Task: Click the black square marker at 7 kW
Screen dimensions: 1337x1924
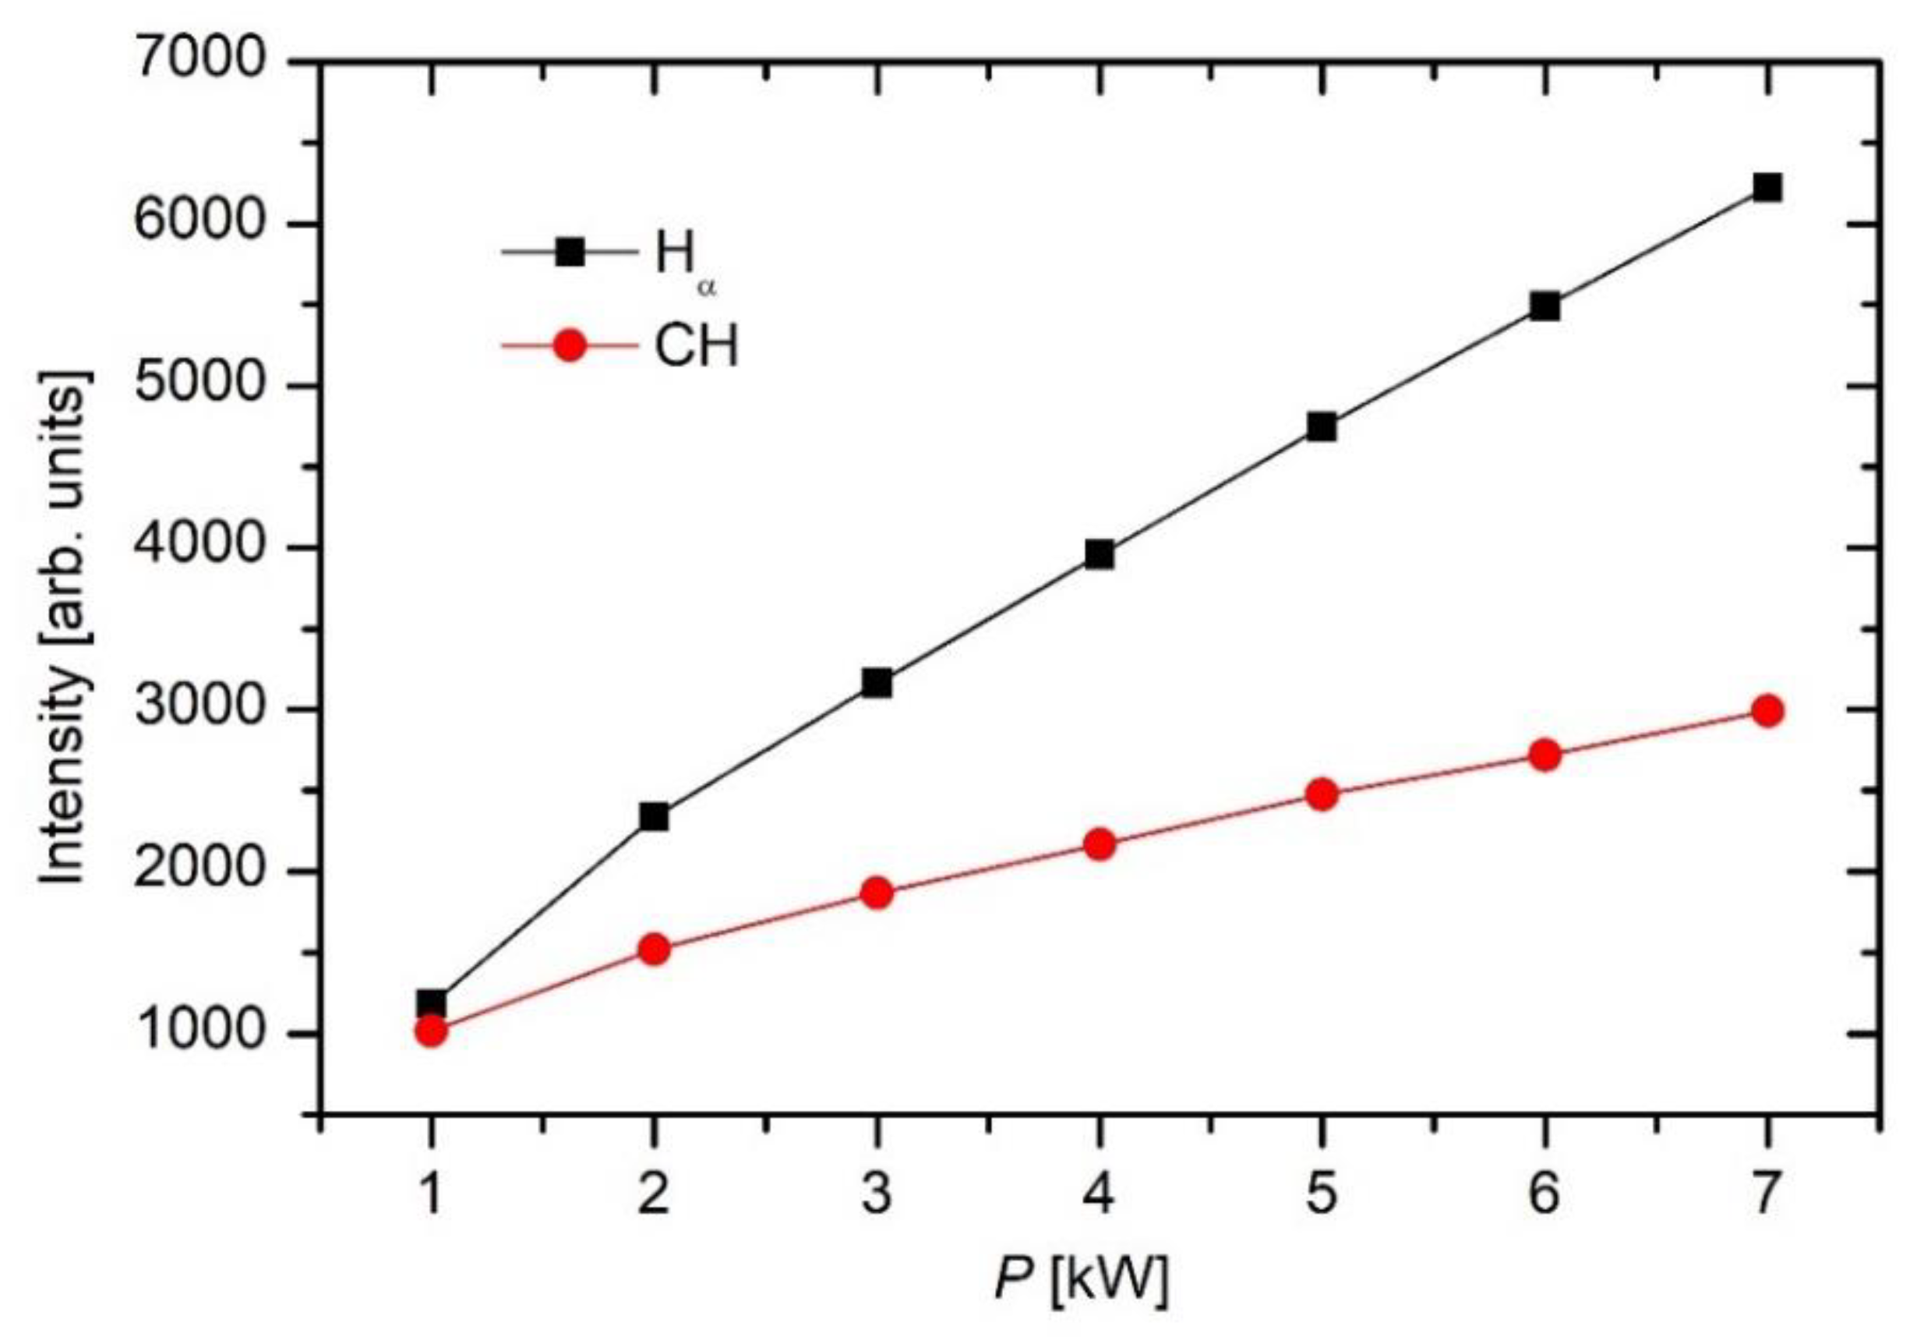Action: [x=1766, y=188]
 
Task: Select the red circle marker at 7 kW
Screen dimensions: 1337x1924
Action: [x=1766, y=711]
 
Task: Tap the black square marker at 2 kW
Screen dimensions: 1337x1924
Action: [x=653, y=816]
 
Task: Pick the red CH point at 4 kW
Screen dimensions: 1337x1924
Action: [x=1100, y=844]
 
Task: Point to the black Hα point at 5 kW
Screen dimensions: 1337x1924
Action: [x=1321, y=428]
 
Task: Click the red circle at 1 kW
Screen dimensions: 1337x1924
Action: [x=430, y=1031]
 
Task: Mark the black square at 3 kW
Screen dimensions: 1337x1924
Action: [x=877, y=684]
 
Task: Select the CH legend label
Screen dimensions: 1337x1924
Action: [x=697, y=345]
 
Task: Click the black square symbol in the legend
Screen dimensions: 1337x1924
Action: [x=570, y=251]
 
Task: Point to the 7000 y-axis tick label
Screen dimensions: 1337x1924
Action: [x=199, y=63]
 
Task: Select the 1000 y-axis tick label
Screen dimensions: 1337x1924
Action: [x=199, y=1032]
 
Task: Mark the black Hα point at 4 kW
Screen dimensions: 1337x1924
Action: [x=1100, y=554]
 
